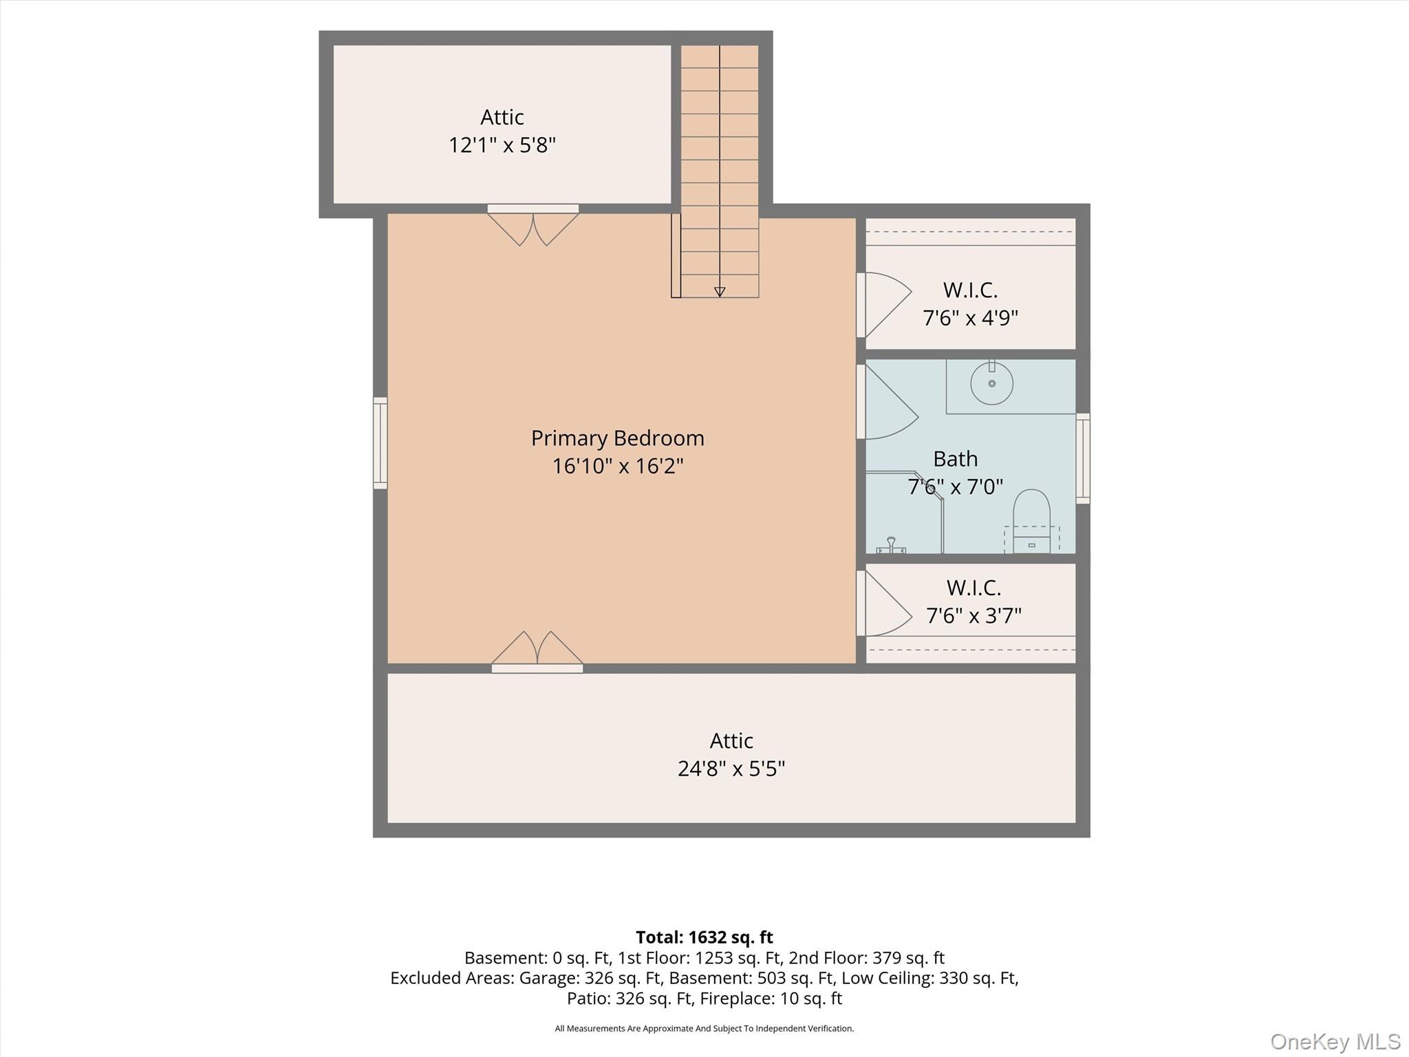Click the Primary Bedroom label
(617, 438)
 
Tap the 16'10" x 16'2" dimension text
(617, 467)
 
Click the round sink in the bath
(991, 383)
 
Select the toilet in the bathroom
(1031, 521)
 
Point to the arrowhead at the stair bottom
(720, 292)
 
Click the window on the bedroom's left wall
(380, 443)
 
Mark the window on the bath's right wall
(1083, 458)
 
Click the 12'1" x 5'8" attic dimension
(502, 145)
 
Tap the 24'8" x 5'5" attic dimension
(731, 769)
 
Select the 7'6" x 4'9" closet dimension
(970, 318)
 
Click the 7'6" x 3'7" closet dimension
(974, 615)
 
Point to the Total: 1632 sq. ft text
(704, 937)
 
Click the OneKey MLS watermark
(1335, 1041)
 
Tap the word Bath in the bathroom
(956, 459)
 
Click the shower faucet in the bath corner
(891, 546)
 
